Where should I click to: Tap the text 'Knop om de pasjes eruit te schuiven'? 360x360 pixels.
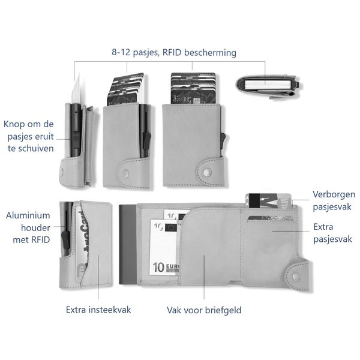tap(28, 136)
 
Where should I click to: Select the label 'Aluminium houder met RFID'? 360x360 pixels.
tap(28, 227)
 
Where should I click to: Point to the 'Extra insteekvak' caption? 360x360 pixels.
tap(98, 310)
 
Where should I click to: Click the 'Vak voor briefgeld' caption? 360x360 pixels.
tap(204, 310)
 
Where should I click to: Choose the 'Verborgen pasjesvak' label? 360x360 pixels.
tap(334, 200)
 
